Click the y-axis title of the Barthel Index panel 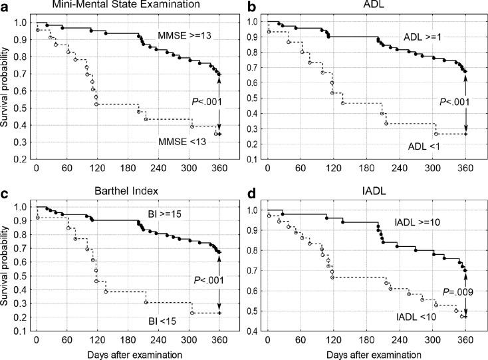click(x=7, y=270)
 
